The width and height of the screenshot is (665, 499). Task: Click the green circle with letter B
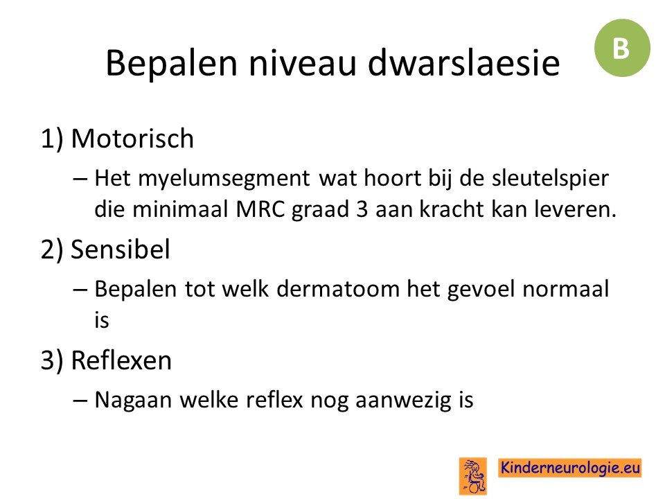coord(622,48)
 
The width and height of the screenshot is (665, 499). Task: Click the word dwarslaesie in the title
coord(463,63)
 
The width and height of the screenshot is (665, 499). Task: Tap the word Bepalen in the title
coord(171,64)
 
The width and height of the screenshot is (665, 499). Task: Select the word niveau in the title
coord(301,64)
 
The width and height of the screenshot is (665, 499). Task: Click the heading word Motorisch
coord(132,139)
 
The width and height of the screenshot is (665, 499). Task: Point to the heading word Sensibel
coord(121,249)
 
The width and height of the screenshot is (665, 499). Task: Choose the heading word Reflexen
coord(121,360)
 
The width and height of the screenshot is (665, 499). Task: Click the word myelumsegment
coord(224,179)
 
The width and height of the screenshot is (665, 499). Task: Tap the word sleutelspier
coord(550,178)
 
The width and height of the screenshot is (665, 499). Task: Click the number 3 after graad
coord(362,209)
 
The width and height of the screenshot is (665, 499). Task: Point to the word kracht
coord(452,209)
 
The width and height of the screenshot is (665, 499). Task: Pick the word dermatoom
coord(338,289)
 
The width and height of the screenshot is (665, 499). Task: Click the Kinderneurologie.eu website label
coord(569,468)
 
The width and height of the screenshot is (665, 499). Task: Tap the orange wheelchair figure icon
coord(473,475)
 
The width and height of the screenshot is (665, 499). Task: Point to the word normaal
coord(566,289)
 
